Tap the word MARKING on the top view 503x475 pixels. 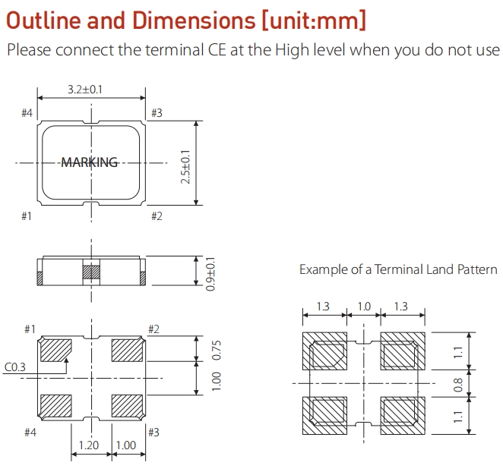(90, 162)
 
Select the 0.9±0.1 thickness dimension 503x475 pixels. (210, 272)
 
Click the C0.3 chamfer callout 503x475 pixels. (15, 367)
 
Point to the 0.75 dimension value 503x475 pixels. (216, 350)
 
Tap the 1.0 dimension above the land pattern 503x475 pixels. (364, 307)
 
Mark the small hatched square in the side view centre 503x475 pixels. (91, 272)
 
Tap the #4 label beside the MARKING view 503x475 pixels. (27, 113)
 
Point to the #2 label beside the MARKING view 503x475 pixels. (157, 217)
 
